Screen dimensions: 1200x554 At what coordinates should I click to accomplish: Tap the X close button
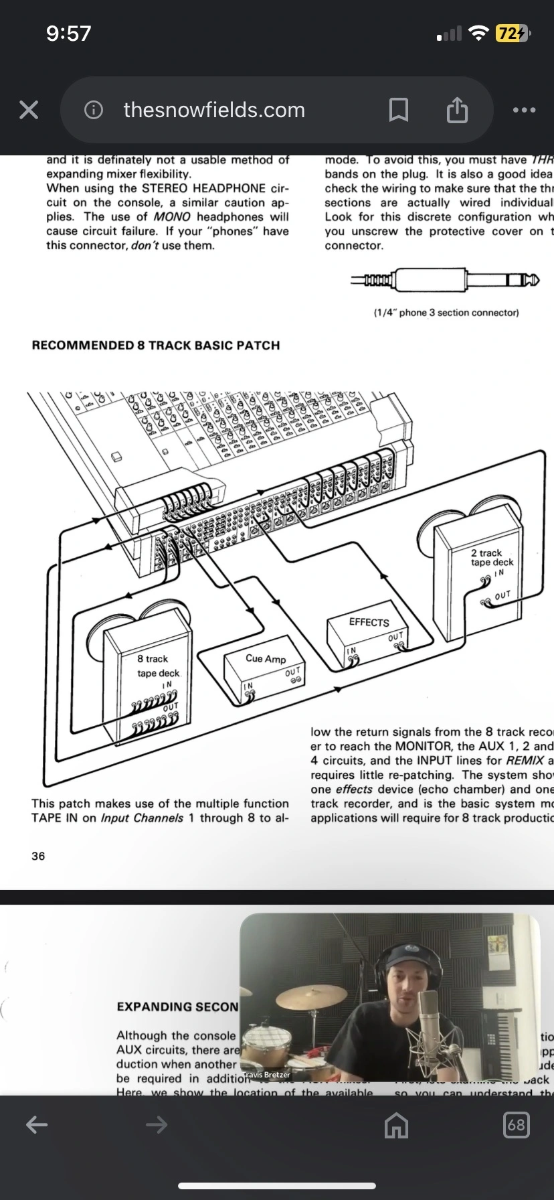(29, 110)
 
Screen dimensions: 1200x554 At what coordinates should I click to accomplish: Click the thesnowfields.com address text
(214, 110)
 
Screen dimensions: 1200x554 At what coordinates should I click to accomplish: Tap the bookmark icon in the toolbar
(399, 110)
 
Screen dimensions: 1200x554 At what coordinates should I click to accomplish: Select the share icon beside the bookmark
(457, 110)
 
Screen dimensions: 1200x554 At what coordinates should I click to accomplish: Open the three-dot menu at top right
(524, 110)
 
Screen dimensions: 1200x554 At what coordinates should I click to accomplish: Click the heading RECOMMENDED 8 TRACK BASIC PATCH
(156, 346)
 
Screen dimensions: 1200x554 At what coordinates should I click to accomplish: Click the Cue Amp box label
(266, 659)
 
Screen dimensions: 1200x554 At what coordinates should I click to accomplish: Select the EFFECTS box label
(369, 622)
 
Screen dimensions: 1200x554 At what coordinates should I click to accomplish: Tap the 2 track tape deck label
(491, 557)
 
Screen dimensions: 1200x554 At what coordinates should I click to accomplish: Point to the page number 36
(38, 856)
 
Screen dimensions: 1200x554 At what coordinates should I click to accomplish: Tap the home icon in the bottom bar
(396, 1125)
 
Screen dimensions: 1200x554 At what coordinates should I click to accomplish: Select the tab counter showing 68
(516, 1125)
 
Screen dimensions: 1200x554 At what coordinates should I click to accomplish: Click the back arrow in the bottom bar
(37, 1125)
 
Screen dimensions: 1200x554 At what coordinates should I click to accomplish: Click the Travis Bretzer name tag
(267, 1075)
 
